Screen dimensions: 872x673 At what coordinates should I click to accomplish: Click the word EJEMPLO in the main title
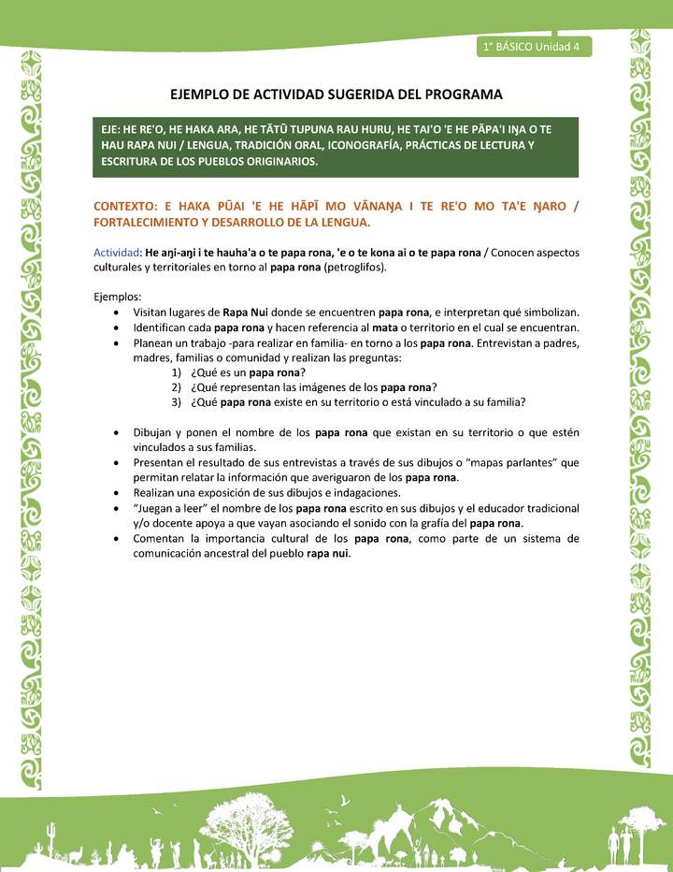coord(205,94)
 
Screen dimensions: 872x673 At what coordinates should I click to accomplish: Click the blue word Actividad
coord(115,252)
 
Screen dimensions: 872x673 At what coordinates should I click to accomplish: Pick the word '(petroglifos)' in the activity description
coord(354,267)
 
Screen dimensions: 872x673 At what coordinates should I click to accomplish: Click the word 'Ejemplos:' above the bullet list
coord(117,297)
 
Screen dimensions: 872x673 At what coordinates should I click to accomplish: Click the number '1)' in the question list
coord(176,372)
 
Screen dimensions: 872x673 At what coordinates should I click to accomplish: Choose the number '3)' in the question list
coord(176,402)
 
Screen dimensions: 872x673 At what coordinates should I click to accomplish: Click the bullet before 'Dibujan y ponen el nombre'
coord(115,433)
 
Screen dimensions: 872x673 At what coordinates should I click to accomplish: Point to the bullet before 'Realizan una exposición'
coord(115,493)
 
